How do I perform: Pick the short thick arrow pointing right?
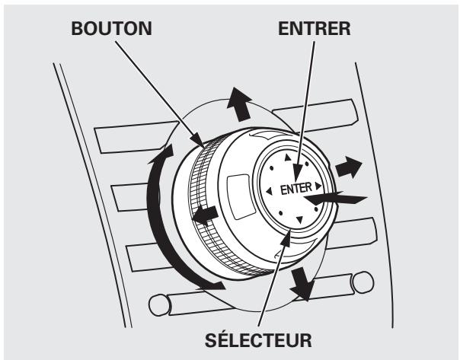click(353, 165)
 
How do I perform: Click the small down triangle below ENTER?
click(299, 220)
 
